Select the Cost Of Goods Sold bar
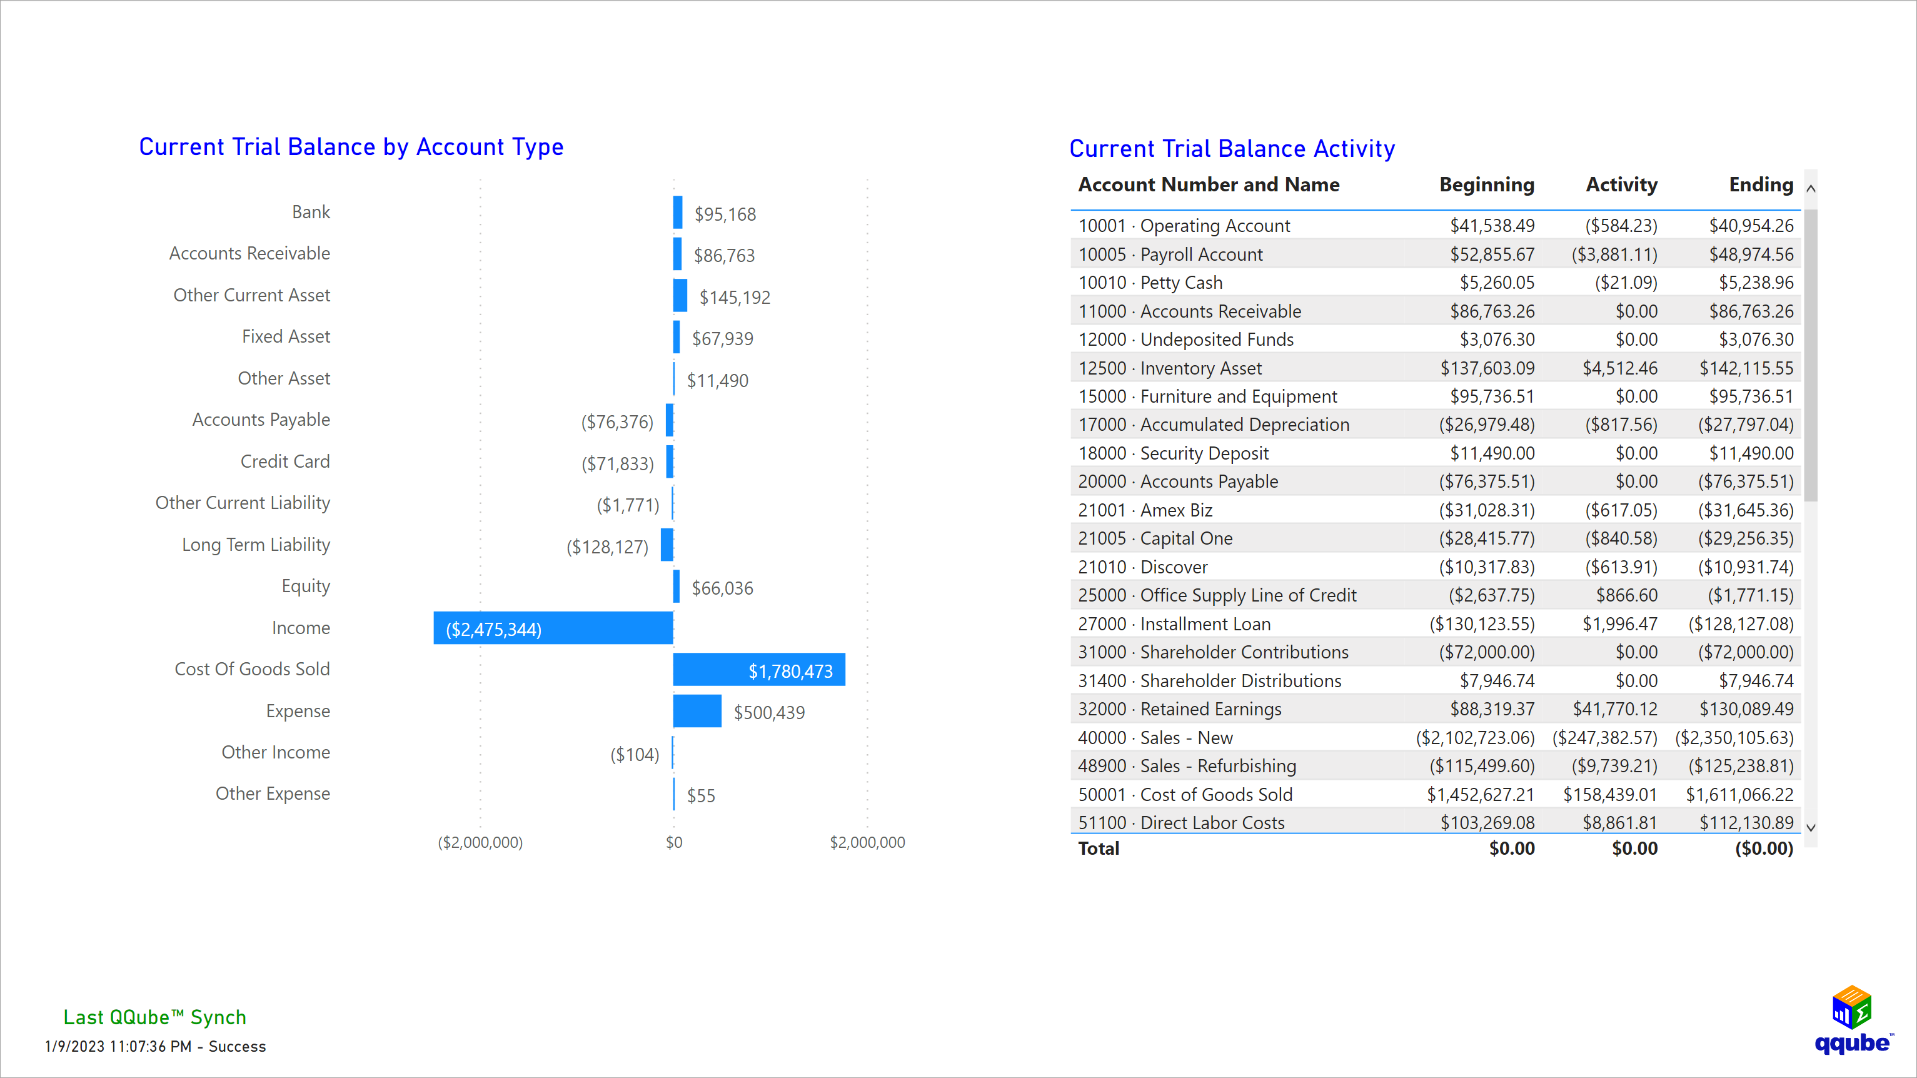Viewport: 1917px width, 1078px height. (x=758, y=669)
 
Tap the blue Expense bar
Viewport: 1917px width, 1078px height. (x=697, y=711)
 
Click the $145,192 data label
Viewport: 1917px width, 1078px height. (x=735, y=297)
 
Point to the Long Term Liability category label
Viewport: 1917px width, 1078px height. (x=256, y=545)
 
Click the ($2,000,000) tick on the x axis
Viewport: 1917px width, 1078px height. (x=480, y=842)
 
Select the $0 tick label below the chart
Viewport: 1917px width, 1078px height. (x=673, y=842)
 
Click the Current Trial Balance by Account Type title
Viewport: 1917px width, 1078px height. (x=351, y=147)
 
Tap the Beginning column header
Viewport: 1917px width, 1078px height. (x=1486, y=184)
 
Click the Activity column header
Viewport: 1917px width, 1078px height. (x=1621, y=184)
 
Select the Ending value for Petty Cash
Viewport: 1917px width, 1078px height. (x=1756, y=283)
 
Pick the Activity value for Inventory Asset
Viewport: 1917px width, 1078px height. (x=1619, y=368)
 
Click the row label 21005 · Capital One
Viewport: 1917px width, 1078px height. (x=1155, y=538)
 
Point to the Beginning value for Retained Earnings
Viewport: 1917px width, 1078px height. (x=1491, y=708)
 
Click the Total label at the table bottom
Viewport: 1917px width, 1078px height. (x=1099, y=849)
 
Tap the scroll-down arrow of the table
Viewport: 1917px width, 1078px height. (x=1811, y=827)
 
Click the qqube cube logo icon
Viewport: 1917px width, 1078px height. (x=1851, y=1007)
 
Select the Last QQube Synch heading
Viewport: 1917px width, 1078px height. (x=155, y=1017)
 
